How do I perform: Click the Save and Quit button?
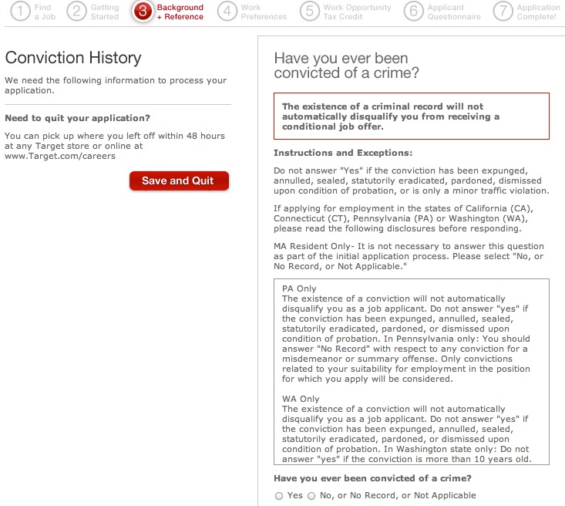[x=179, y=180]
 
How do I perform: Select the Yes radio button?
[x=279, y=496]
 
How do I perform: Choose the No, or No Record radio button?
[x=311, y=496]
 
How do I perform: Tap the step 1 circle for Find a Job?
[x=19, y=12]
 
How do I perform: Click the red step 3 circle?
[x=143, y=12]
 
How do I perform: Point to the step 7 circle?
[x=503, y=12]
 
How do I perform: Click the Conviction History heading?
[x=73, y=58]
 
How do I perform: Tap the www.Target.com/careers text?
[x=59, y=156]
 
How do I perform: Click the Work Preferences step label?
[x=264, y=12]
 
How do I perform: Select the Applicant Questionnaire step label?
[x=454, y=12]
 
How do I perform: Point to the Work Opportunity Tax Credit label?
[x=357, y=12]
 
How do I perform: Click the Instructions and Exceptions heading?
[x=343, y=153]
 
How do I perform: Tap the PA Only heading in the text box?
[x=299, y=288]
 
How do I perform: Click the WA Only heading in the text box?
[x=301, y=399]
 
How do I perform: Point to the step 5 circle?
[x=309, y=12]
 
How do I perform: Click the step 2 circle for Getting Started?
[x=76, y=12]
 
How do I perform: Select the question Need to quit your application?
[x=77, y=118]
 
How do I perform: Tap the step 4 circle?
[x=227, y=12]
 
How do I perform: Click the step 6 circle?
[x=414, y=12]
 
